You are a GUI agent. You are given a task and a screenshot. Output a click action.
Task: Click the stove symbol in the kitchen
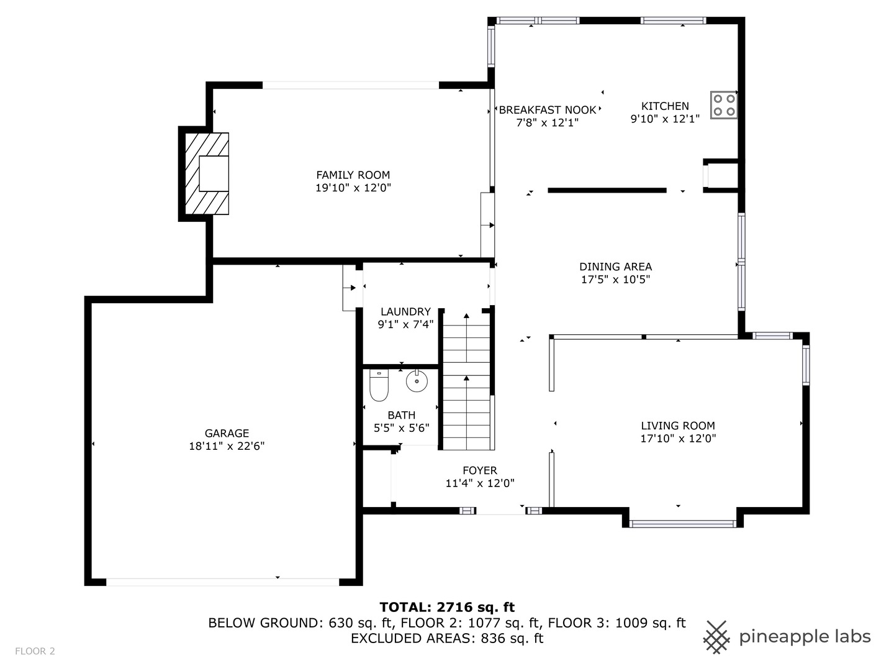click(723, 105)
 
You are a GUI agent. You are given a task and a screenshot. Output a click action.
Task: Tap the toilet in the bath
click(378, 385)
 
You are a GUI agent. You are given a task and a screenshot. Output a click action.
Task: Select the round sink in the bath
click(417, 380)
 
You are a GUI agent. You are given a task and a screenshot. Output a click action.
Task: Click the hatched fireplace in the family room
click(207, 173)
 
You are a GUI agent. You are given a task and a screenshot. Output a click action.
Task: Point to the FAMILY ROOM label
click(353, 175)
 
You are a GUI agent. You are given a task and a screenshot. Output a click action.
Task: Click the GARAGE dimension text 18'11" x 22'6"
click(227, 446)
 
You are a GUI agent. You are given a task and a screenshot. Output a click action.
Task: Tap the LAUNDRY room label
click(405, 312)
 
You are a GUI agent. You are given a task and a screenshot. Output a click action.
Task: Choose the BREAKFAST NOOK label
click(548, 110)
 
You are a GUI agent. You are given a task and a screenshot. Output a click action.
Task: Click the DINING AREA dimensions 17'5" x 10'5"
click(615, 280)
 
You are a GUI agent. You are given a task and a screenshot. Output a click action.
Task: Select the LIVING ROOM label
click(678, 426)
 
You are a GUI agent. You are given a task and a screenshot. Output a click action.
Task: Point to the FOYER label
click(480, 470)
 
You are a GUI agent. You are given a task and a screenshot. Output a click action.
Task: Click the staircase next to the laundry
click(466, 381)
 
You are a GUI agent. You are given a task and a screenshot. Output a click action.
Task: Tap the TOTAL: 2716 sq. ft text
click(447, 608)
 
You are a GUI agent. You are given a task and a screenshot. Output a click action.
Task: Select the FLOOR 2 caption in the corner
click(35, 651)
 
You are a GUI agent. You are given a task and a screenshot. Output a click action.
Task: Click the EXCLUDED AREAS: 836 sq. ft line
click(447, 639)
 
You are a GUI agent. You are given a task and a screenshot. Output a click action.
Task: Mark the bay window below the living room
click(683, 524)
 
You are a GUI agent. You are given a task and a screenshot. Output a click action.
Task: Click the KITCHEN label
click(665, 106)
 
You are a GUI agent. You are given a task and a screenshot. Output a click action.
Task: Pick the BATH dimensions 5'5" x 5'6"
click(402, 428)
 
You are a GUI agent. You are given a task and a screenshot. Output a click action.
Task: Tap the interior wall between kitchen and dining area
click(607, 190)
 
